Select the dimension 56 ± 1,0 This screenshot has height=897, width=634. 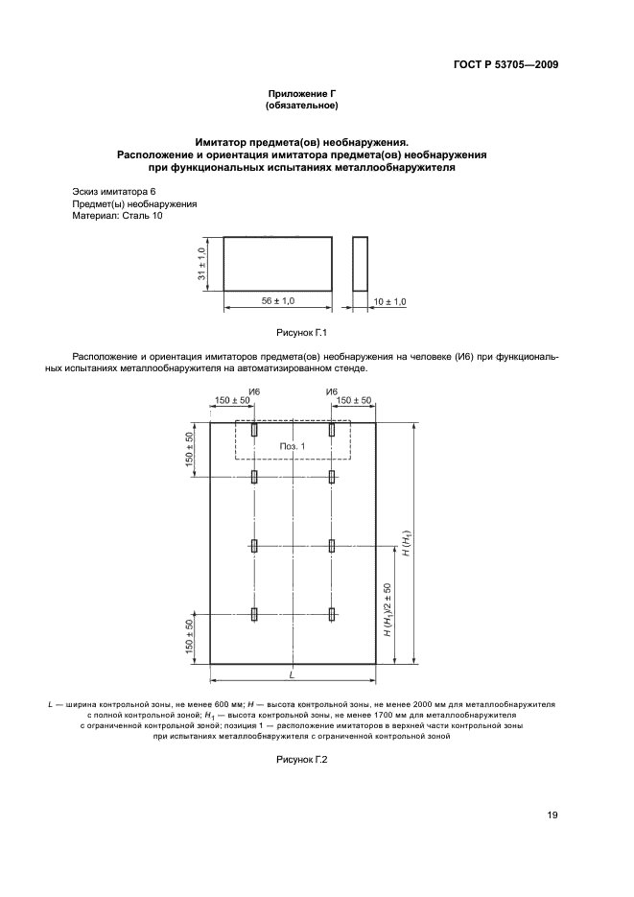coord(278,300)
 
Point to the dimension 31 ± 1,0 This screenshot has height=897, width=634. coord(202,264)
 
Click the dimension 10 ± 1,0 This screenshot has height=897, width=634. coord(389,301)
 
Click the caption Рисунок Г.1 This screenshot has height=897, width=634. coord(302,333)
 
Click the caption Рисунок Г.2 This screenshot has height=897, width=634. coord(302,760)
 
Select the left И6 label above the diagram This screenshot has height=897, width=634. coord(254,391)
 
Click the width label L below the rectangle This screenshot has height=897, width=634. coord(292,676)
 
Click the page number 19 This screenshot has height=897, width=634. coord(552,815)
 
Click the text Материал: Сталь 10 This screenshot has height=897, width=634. coord(118,217)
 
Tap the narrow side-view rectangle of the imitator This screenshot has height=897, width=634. coord(360,264)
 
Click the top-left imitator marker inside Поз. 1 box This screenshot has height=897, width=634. coord(254,431)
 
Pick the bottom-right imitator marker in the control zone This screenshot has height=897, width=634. coord(332,613)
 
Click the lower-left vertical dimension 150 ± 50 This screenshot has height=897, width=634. coord(191,638)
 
